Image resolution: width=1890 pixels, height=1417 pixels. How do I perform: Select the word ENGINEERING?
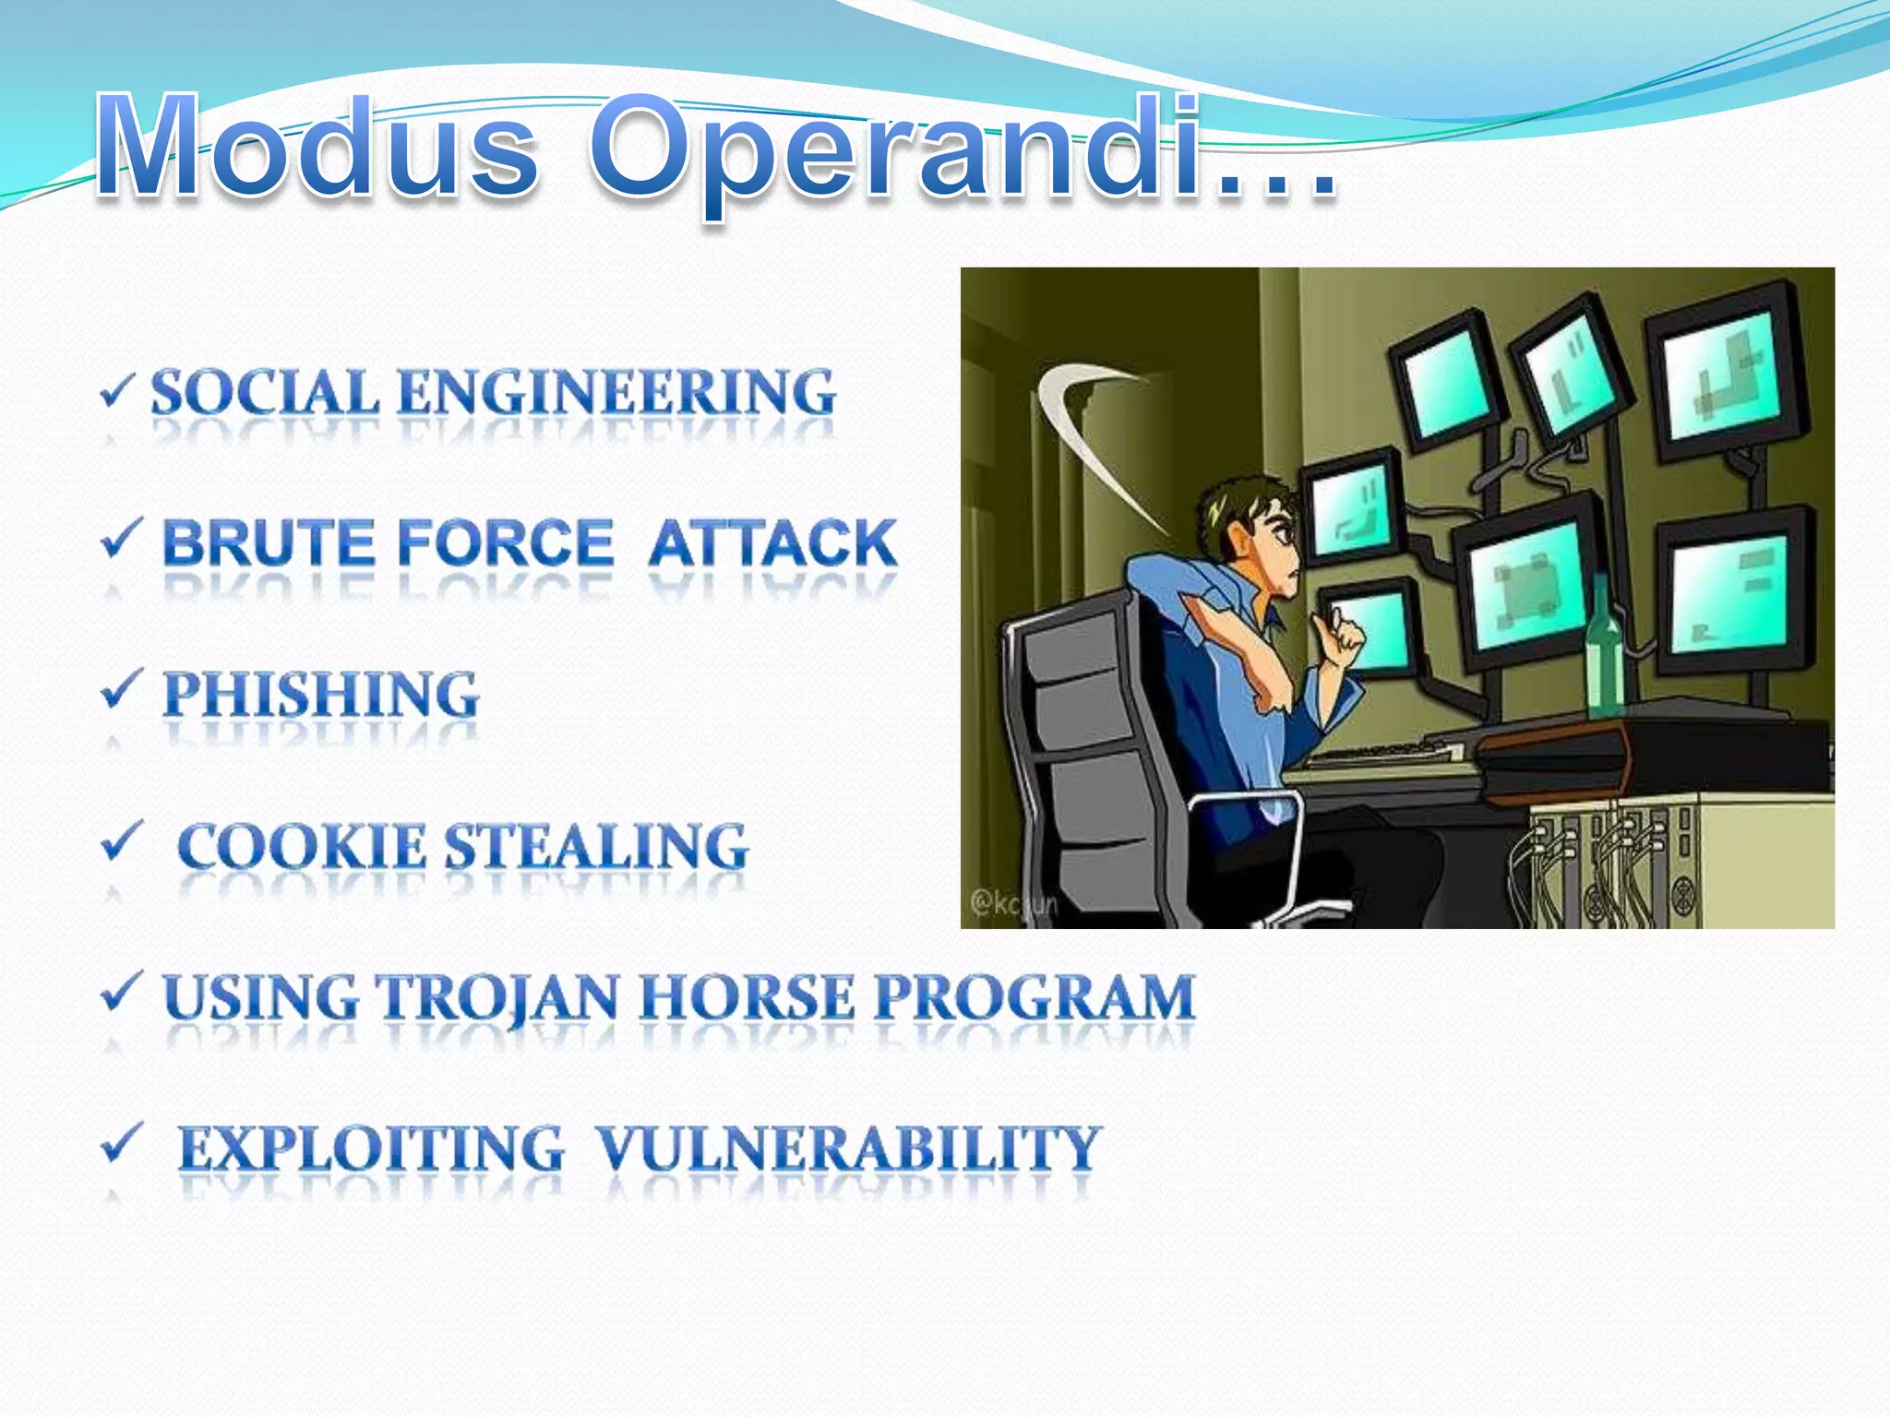click(616, 392)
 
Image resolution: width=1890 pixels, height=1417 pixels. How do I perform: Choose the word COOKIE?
click(301, 846)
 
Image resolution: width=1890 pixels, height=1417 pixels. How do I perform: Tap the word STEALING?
click(596, 846)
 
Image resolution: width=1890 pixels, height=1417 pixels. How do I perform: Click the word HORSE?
click(748, 997)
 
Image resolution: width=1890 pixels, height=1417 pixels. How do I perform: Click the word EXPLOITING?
click(370, 1149)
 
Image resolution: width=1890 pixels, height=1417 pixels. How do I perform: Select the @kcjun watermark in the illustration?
click(1013, 902)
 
